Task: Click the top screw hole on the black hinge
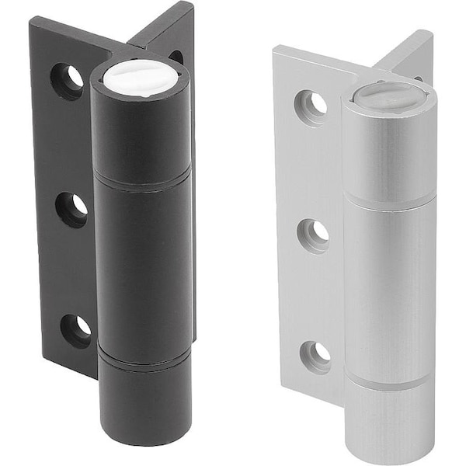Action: tap(68, 79)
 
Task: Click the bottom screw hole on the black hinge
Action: tap(75, 329)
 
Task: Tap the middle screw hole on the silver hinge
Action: tap(315, 232)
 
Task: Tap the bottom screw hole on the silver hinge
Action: tap(316, 355)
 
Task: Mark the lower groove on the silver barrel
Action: tap(390, 381)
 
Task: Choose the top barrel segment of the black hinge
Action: tap(139, 136)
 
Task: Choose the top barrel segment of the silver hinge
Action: tap(388, 151)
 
